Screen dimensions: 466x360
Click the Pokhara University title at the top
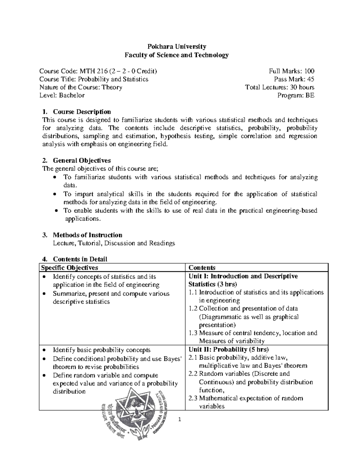click(176, 47)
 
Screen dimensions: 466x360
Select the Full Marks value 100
click(309, 71)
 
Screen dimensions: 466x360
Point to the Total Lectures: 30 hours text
click(280, 87)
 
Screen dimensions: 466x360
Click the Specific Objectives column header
click(70, 267)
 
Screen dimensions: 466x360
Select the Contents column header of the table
click(202, 268)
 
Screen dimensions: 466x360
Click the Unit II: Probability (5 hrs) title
click(229, 349)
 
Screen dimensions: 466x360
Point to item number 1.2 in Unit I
click(193, 308)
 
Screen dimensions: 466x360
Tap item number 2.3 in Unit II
click(193, 398)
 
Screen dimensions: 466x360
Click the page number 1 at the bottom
click(179, 419)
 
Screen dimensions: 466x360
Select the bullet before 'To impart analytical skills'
click(54, 194)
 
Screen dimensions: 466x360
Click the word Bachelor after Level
click(72, 95)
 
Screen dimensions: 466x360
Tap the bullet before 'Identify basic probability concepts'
click(44, 350)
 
